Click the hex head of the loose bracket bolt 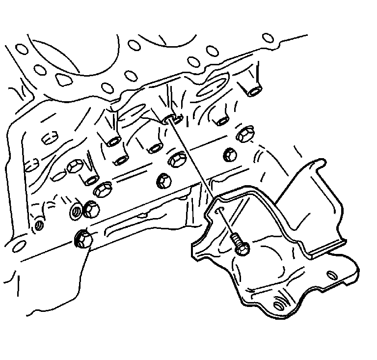pyautogui.click(x=241, y=249)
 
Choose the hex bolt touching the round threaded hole pyautogui.click(x=91, y=210)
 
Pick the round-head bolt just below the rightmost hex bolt pyautogui.click(x=230, y=155)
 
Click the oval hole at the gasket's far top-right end pyautogui.click(x=268, y=37)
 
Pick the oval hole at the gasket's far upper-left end pyautogui.click(x=21, y=49)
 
